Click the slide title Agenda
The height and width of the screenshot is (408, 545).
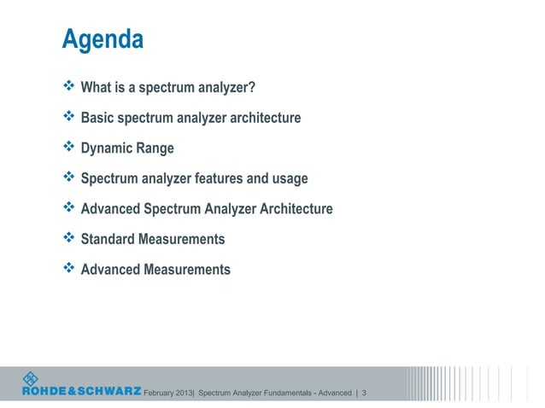pos(102,40)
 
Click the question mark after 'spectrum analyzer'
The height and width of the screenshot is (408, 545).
pos(253,87)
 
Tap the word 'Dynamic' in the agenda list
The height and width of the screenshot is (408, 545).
pos(107,149)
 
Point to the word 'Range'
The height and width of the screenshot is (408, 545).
pos(155,149)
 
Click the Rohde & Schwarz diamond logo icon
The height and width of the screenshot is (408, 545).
pos(31,378)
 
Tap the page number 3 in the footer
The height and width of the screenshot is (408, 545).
pos(365,393)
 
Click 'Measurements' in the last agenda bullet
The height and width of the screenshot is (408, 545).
pos(188,270)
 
